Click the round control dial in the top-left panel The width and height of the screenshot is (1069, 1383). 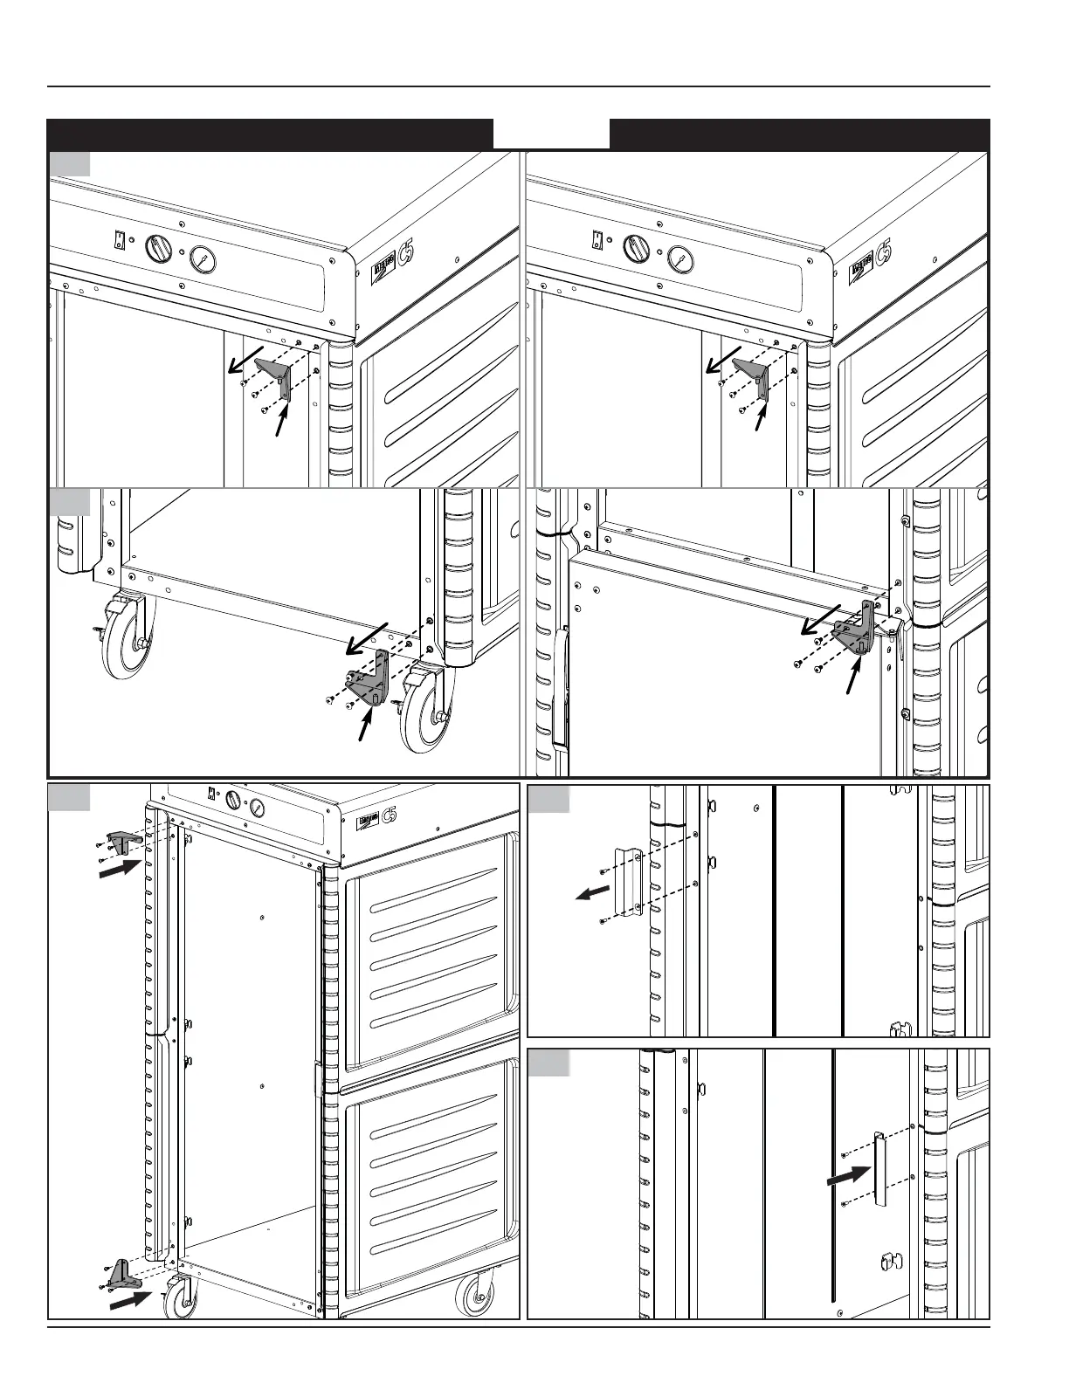[159, 249]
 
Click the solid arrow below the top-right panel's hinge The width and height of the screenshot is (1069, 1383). [759, 420]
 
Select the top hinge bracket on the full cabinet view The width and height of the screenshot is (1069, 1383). [120, 842]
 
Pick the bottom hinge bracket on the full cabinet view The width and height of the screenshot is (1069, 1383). [121, 1274]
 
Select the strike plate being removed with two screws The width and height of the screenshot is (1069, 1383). [629, 880]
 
